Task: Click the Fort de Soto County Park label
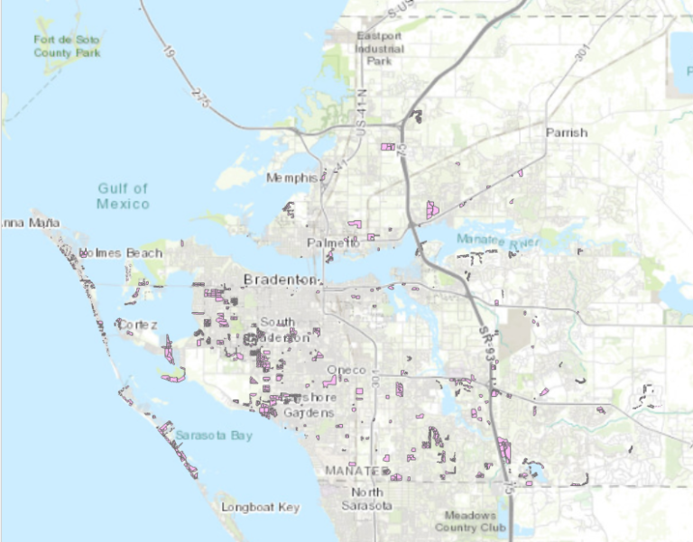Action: [67, 46]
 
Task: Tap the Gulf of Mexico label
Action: [123, 196]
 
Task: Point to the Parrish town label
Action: [566, 133]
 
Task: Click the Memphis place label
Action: [291, 178]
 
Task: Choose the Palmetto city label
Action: [327, 243]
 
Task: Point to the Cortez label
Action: [136, 324]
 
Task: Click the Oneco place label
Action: [346, 371]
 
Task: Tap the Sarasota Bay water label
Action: [214, 436]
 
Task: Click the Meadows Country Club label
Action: [470, 521]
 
